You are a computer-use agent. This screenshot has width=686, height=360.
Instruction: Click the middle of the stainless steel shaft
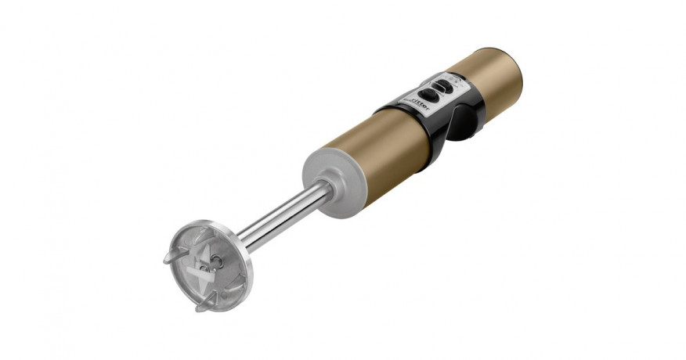point(282,214)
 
